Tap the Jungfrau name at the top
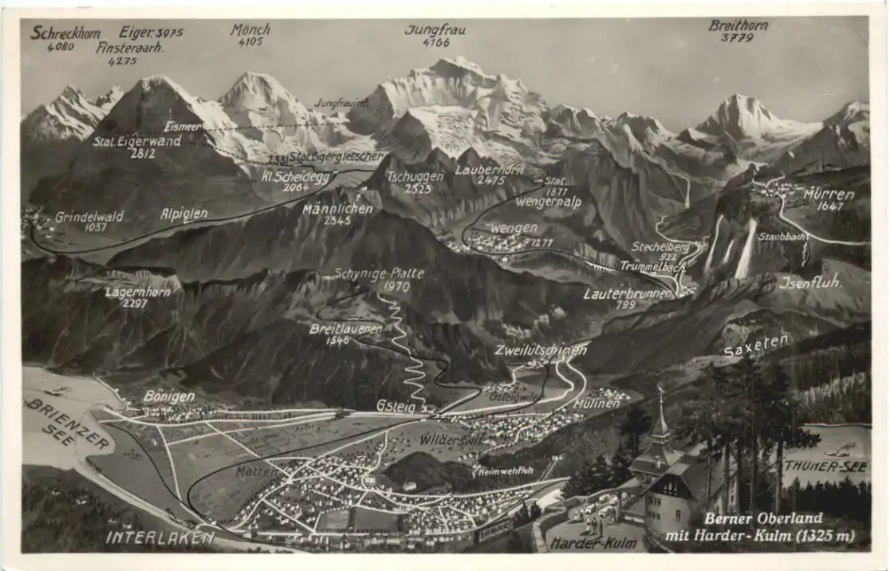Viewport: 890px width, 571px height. pyautogui.click(x=435, y=30)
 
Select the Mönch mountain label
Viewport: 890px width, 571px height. pyautogui.click(x=250, y=30)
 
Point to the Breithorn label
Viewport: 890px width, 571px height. pyautogui.click(x=738, y=26)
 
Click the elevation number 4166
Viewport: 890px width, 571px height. pyautogui.click(x=436, y=42)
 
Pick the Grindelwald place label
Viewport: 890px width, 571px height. pyautogui.click(x=89, y=217)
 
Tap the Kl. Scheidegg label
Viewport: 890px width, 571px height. pyautogui.click(x=295, y=177)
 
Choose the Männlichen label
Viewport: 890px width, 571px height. pyautogui.click(x=337, y=209)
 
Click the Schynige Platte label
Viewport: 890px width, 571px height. pyautogui.click(x=379, y=274)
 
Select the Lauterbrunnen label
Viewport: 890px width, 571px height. pyautogui.click(x=627, y=293)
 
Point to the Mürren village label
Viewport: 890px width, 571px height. pyautogui.click(x=829, y=195)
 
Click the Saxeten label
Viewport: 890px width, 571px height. pyautogui.click(x=756, y=345)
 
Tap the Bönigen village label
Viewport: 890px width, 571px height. pyautogui.click(x=168, y=396)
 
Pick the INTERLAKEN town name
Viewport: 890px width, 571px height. pyautogui.click(x=159, y=538)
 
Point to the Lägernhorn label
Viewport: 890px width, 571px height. pyautogui.click(x=137, y=293)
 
